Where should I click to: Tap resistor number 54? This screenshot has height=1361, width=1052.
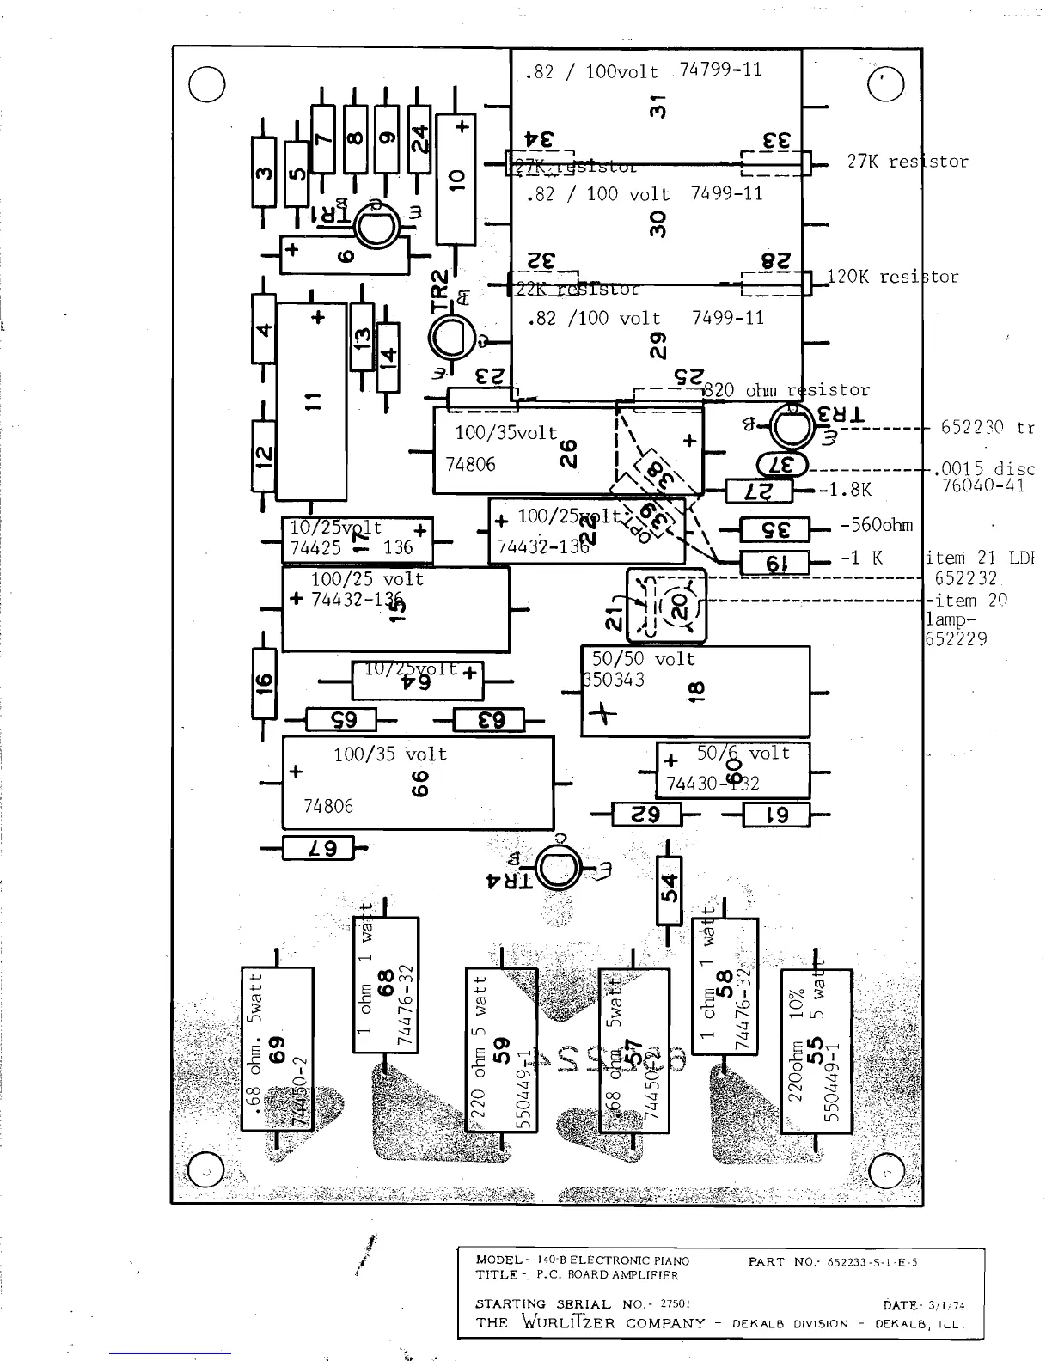tap(669, 890)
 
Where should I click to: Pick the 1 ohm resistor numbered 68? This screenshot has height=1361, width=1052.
tap(386, 984)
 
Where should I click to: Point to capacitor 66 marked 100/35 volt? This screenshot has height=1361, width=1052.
tap(418, 783)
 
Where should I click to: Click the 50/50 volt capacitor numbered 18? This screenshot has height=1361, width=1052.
tap(694, 691)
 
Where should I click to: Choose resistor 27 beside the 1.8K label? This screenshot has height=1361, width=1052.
tap(759, 491)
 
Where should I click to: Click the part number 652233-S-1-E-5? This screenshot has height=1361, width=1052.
tap(873, 1262)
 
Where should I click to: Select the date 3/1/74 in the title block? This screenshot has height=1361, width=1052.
tap(946, 1306)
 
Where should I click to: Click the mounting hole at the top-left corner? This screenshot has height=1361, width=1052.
tap(206, 84)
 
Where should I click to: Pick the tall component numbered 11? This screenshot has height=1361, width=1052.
tap(311, 400)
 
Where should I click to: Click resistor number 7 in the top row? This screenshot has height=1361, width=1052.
tap(323, 138)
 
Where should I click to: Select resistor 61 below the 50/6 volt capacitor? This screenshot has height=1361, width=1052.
tap(776, 815)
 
